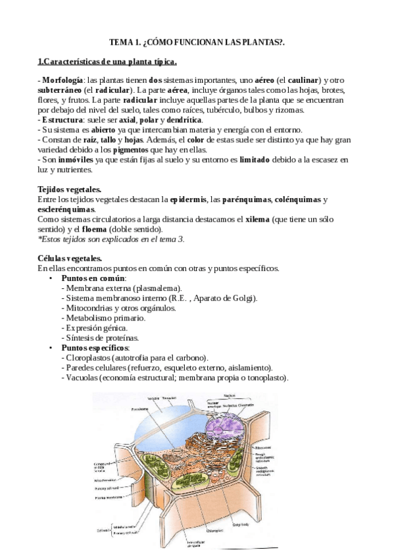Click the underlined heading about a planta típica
pos(107,62)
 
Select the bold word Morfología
pos(63,80)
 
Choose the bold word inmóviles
pos(80,160)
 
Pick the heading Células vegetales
pos(70,259)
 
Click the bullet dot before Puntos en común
pos(51,278)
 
